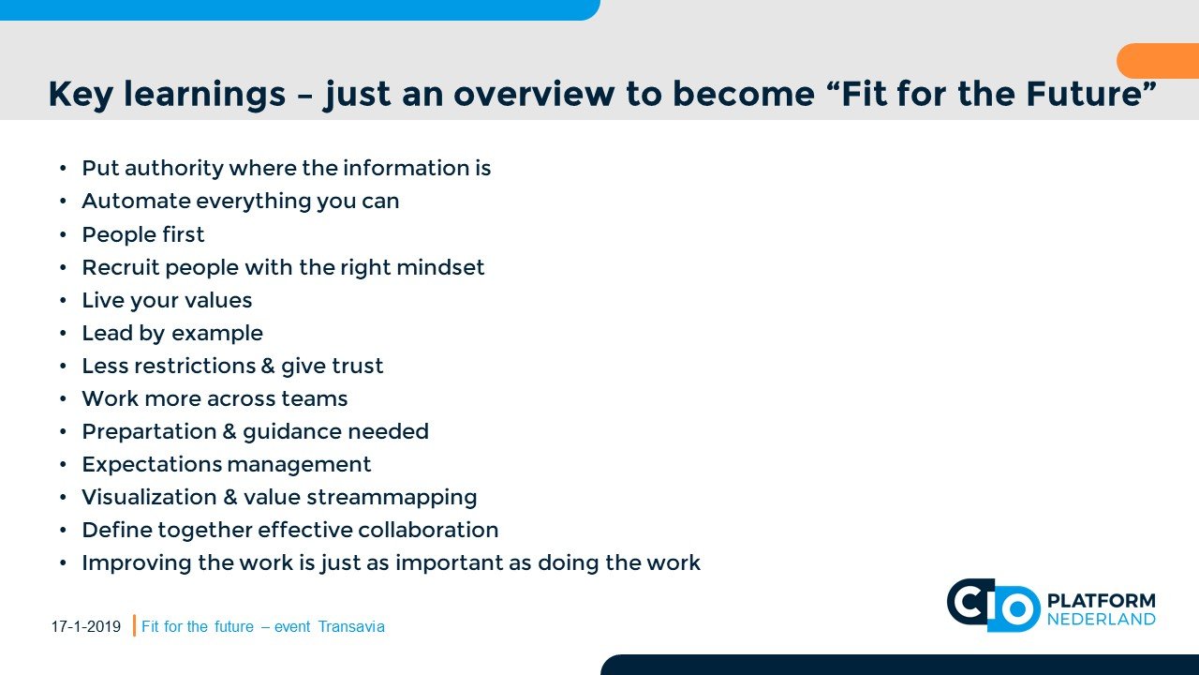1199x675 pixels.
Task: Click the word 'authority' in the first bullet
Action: coord(174,169)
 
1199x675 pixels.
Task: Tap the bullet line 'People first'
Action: coord(143,234)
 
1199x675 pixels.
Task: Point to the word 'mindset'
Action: coord(440,267)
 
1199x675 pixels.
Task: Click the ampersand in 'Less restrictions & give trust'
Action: coord(268,366)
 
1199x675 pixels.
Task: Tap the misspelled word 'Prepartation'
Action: coord(149,432)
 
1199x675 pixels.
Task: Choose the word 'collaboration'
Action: coord(428,531)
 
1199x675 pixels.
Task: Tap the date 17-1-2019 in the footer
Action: coord(86,626)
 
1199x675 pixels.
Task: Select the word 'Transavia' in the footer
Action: coord(351,626)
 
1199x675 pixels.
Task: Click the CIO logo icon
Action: coord(994,606)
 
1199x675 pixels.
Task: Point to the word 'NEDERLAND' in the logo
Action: coord(1101,620)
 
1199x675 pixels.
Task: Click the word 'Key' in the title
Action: coord(81,95)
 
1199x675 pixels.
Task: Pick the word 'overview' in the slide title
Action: coord(534,95)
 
